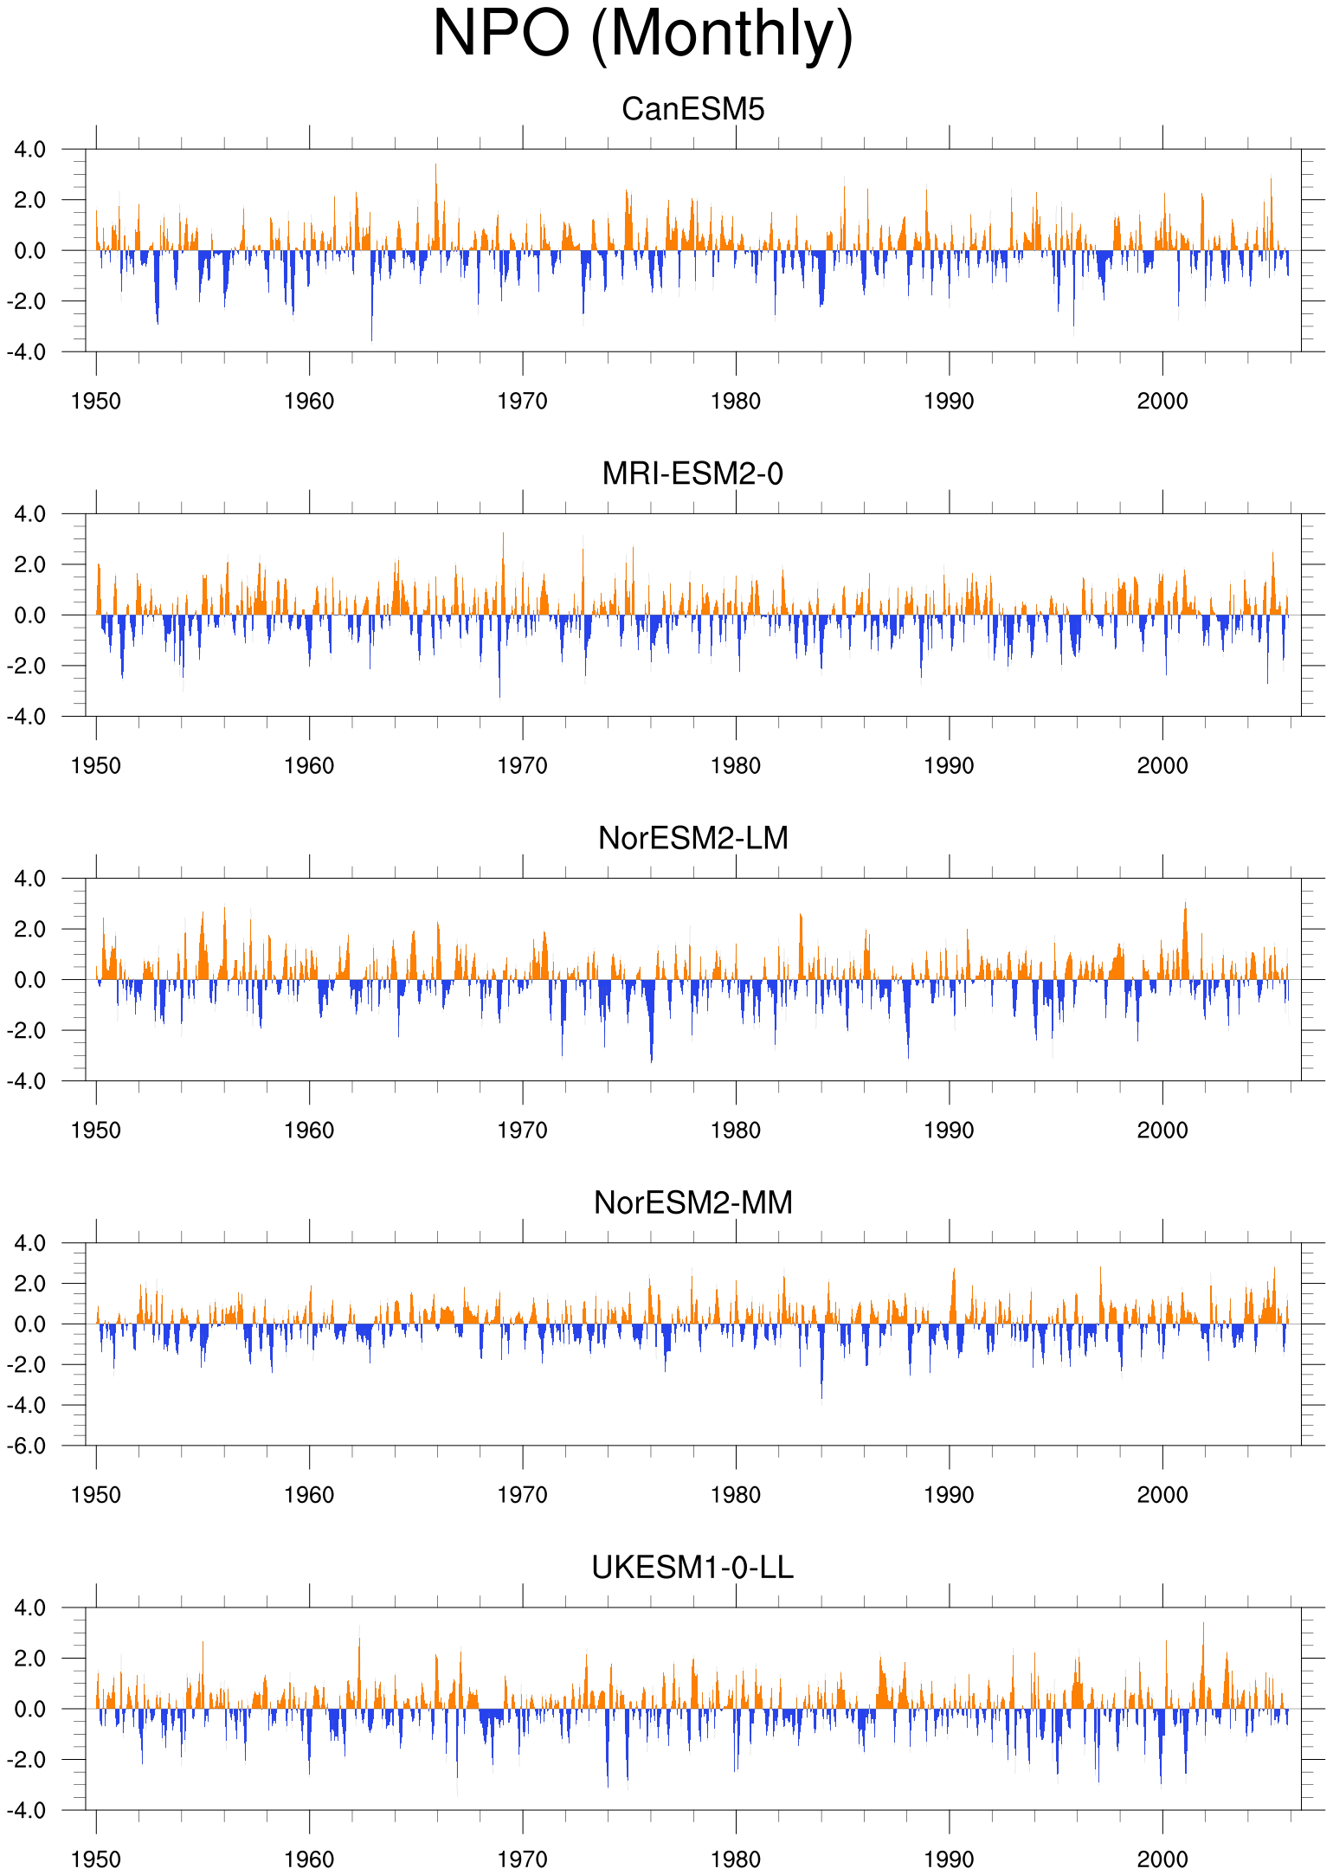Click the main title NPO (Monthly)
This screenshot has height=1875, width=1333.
coord(643,35)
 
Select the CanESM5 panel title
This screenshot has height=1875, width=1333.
coord(693,109)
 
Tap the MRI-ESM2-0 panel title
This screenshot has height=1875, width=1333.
coord(693,474)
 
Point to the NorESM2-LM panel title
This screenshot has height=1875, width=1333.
coord(693,838)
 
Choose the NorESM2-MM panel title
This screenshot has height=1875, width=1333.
coord(693,1202)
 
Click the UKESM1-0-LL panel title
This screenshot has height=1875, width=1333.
coord(693,1567)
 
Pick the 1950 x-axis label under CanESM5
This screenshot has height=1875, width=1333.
coord(96,401)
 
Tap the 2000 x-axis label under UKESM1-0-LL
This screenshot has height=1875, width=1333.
coord(1162,1859)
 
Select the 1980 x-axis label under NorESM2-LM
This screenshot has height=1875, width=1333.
coord(736,1130)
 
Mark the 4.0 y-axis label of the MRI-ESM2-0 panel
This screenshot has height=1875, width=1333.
coord(30,514)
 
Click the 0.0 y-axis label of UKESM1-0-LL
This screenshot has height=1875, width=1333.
coord(30,1709)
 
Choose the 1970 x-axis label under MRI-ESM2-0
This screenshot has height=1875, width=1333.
coord(523,765)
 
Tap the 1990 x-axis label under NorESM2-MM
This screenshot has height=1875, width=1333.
coord(950,1494)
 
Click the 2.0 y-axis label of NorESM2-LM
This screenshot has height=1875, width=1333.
coord(30,929)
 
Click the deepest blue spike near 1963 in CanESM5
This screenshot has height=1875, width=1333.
coord(372,340)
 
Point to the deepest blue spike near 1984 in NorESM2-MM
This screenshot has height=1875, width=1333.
coord(821,1397)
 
